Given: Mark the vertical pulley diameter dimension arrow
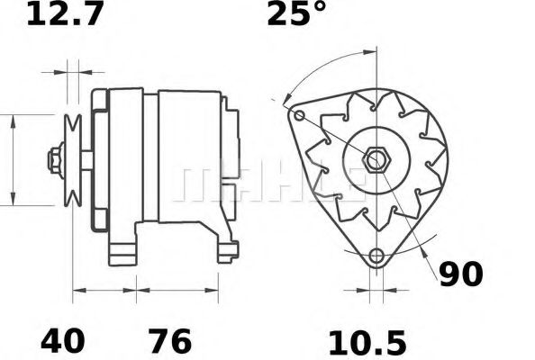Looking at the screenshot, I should coord(13,160).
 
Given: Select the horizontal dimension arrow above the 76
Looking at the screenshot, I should coord(177,290).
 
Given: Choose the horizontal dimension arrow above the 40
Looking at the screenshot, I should coord(104,290).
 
